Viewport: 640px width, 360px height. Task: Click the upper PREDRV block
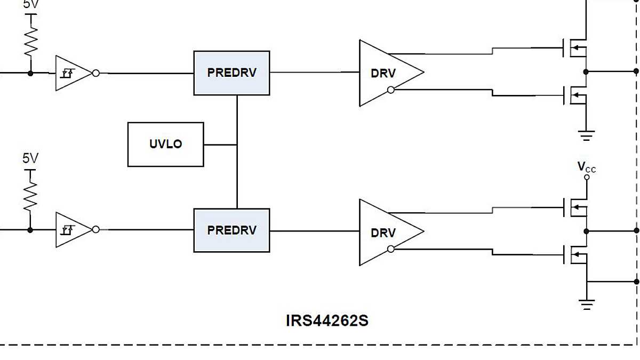click(x=231, y=73)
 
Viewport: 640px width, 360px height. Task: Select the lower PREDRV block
click(x=231, y=230)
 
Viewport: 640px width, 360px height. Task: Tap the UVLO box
click(x=165, y=145)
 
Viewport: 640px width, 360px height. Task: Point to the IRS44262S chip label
click(x=327, y=321)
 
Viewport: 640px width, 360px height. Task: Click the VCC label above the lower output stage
click(x=586, y=167)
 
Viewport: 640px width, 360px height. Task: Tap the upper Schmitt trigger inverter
click(x=72, y=73)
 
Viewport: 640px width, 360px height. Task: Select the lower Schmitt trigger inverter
click(x=72, y=230)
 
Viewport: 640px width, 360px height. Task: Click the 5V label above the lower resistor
click(x=30, y=158)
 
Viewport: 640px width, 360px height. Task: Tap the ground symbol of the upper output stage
click(x=586, y=135)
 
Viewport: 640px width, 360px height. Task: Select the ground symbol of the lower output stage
click(x=586, y=305)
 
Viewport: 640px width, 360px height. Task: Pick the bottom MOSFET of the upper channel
click(x=575, y=96)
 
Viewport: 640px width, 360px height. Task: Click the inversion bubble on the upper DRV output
click(x=391, y=90)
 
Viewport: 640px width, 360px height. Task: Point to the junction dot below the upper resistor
click(x=30, y=73)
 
